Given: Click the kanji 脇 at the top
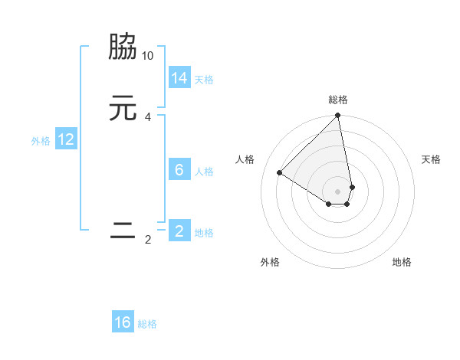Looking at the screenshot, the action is (123, 47).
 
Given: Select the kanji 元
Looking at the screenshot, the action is (123, 108).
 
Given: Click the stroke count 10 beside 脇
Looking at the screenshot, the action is (148, 57).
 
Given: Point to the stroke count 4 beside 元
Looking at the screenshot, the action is (148, 117).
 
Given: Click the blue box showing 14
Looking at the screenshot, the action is (179, 78).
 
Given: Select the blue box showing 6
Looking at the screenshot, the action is (179, 170).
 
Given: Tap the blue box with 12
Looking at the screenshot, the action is (66, 139).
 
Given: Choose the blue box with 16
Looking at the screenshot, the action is (123, 322).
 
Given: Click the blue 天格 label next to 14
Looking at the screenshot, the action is (204, 80).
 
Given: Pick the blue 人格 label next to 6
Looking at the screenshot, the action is (204, 172).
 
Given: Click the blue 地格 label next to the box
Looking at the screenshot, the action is (204, 233).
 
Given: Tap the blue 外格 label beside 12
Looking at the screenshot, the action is (41, 141).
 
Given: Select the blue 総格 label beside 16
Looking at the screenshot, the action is (147, 324).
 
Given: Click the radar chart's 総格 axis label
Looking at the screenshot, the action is (338, 100).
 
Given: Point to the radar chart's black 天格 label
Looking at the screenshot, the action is (431, 159).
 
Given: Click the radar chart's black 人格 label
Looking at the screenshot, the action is (245, 159).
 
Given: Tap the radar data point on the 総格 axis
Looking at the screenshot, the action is (338, 116).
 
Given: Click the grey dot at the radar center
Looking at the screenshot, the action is (338, 191).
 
